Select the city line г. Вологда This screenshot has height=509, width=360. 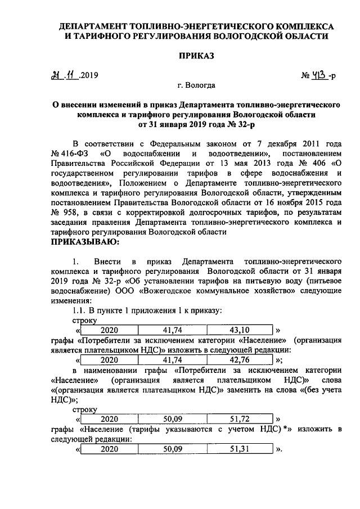195,87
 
